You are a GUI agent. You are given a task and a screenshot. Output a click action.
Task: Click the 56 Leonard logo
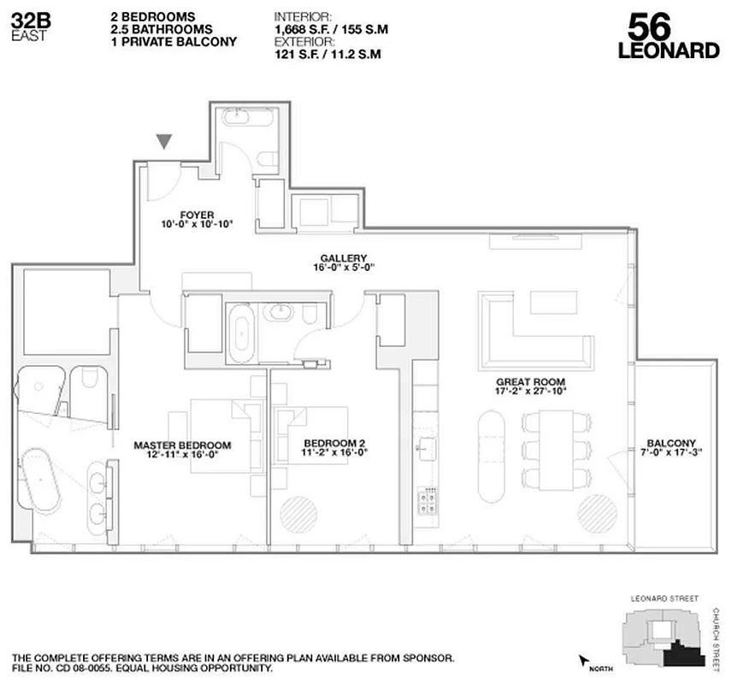(x=668, y=36)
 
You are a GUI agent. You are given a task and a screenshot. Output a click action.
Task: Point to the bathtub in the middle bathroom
(x=243, y=329)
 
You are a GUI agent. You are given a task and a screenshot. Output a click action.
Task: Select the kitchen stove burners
(x=426, y=498)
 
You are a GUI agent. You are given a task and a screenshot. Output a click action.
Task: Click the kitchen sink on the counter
(x=425, y=447)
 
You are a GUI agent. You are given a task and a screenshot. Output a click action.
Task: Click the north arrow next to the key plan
(x=586, y=661)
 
